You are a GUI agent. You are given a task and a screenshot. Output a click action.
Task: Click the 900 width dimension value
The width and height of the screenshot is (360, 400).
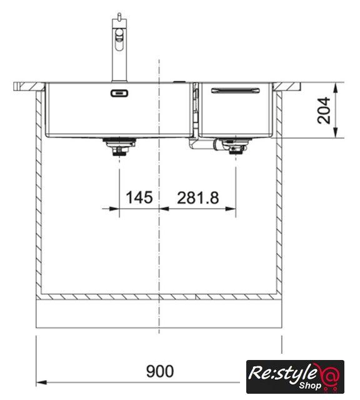click(x=160, y=371)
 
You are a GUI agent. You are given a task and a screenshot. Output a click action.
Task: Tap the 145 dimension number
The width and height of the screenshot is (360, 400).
click(x=139, y=197)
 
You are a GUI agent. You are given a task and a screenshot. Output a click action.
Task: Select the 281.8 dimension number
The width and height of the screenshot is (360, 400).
click(x=198, y=197)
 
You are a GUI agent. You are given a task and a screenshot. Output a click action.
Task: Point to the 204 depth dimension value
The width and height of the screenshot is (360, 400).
click(x=324, y=110)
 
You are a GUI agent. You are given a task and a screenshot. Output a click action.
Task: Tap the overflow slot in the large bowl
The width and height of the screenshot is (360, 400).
click(x=119, y=93)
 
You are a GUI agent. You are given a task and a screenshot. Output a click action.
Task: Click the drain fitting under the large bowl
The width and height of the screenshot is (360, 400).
click(x=119, y=146)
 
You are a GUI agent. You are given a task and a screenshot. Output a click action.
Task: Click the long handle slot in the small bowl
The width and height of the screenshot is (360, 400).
click(x=235, y=91)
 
